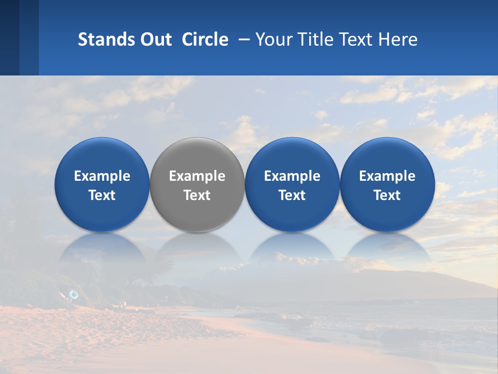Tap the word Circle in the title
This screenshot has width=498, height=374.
point(205,39)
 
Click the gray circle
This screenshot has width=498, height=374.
point(197,184)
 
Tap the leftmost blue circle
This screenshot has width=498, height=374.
point(102,184)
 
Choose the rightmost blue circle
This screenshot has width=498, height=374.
point(387,184)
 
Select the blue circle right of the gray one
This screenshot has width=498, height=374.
point(292,184)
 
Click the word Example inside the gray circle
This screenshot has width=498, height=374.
point(197,176)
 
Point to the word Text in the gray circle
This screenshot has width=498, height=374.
point(197,195)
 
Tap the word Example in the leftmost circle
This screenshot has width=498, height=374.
point(102,176)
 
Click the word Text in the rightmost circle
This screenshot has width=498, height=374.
point(387,195)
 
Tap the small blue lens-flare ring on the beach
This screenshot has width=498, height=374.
point(74,295)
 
